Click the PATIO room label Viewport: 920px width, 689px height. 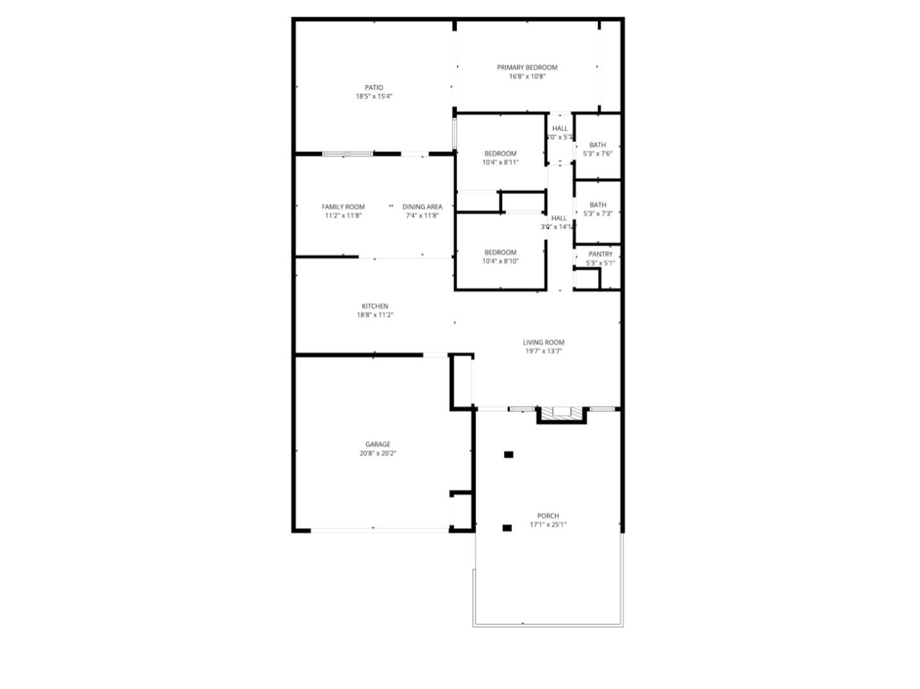tap(374, 87)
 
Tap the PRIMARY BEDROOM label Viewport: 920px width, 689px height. tap(527, 67)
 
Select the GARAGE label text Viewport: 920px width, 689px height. tap(378, 444)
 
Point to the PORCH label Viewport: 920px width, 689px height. tap(548, 516)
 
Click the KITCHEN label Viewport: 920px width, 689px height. tap(374, 307)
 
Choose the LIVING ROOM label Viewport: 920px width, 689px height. tap(544, 342)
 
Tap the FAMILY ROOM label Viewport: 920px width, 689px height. tap(343, 207)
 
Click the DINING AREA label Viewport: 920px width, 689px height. tap(422, 207)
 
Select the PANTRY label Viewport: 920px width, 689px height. tap(601, 254)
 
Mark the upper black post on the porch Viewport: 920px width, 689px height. tap(509, 455)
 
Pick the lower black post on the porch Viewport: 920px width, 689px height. tap(507, 528)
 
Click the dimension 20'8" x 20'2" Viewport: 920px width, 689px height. tap(378, 453)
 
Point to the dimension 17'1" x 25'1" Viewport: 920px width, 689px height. tap(548, 525)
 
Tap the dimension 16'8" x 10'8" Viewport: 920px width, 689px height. tap(527, 76)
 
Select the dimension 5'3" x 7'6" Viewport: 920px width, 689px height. tap(598, 154)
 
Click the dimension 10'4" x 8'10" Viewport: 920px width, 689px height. tap(500, 261)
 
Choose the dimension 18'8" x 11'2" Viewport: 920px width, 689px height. tap(374, 315)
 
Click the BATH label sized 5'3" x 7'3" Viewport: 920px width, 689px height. tap(598, 205)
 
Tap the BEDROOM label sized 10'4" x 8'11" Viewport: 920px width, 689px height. tap(500, 153)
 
